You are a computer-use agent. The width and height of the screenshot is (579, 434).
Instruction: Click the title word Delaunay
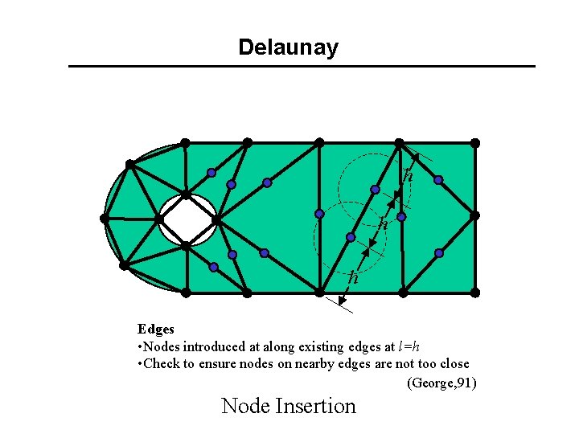tap(288, 47)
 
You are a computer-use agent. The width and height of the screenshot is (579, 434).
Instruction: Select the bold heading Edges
tap(155, 329)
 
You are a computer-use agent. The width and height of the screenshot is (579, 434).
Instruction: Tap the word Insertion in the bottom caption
tap(316, 406)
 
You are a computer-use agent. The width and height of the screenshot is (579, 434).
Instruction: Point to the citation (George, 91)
tap(442, 383)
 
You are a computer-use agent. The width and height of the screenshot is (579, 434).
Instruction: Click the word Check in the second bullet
tap(161, 364)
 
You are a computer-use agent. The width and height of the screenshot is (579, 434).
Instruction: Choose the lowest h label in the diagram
tap(353, 278)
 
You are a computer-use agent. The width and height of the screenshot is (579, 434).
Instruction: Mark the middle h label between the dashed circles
tap(384, 224)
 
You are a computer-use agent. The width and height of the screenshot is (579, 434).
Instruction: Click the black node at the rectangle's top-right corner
tap(474, 143)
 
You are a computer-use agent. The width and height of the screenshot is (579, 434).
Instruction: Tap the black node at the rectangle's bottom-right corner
tap(474, 292)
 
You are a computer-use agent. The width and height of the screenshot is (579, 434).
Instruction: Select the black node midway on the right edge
tap(474, 215)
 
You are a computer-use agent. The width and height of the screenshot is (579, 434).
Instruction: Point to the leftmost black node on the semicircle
tap(105, 217)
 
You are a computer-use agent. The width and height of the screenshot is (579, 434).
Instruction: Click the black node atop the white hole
tap(186, 194)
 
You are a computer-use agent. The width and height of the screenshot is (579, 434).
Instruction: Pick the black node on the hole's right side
tap(216, 218)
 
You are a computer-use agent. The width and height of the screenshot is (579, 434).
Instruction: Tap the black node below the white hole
tap(185, 246)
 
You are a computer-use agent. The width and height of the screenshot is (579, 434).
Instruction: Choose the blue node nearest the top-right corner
tap(438, 179)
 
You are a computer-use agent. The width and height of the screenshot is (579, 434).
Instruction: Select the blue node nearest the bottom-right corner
tap(439, 253)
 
